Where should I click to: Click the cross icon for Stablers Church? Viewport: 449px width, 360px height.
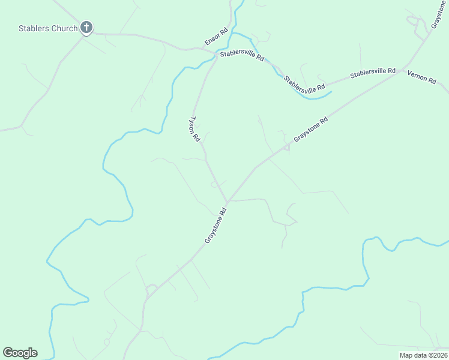point(86,28)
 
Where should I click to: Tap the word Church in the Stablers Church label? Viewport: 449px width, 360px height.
point(64,28)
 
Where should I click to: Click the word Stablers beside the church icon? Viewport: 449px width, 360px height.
point(34,28)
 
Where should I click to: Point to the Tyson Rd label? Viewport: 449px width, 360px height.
point(194,128)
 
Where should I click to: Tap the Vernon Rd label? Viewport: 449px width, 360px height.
point(421,77)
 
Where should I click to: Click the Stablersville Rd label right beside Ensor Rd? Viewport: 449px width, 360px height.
point(242,56)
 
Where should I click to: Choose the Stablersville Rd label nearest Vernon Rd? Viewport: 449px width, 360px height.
point(373,73)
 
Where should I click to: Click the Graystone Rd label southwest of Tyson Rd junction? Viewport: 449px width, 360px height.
point(215,226)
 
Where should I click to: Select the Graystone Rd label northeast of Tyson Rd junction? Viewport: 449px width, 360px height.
point(311,129)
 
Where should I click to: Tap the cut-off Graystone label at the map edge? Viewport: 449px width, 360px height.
point(439,14)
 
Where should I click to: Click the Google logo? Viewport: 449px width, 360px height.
point(20,353)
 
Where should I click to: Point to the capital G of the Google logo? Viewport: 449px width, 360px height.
point(8,353)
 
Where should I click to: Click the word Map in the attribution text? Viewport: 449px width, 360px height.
point(406,355)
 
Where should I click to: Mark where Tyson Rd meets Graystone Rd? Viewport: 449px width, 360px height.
point(228,202)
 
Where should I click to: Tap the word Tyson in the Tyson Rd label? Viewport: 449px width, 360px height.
point(193,124)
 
